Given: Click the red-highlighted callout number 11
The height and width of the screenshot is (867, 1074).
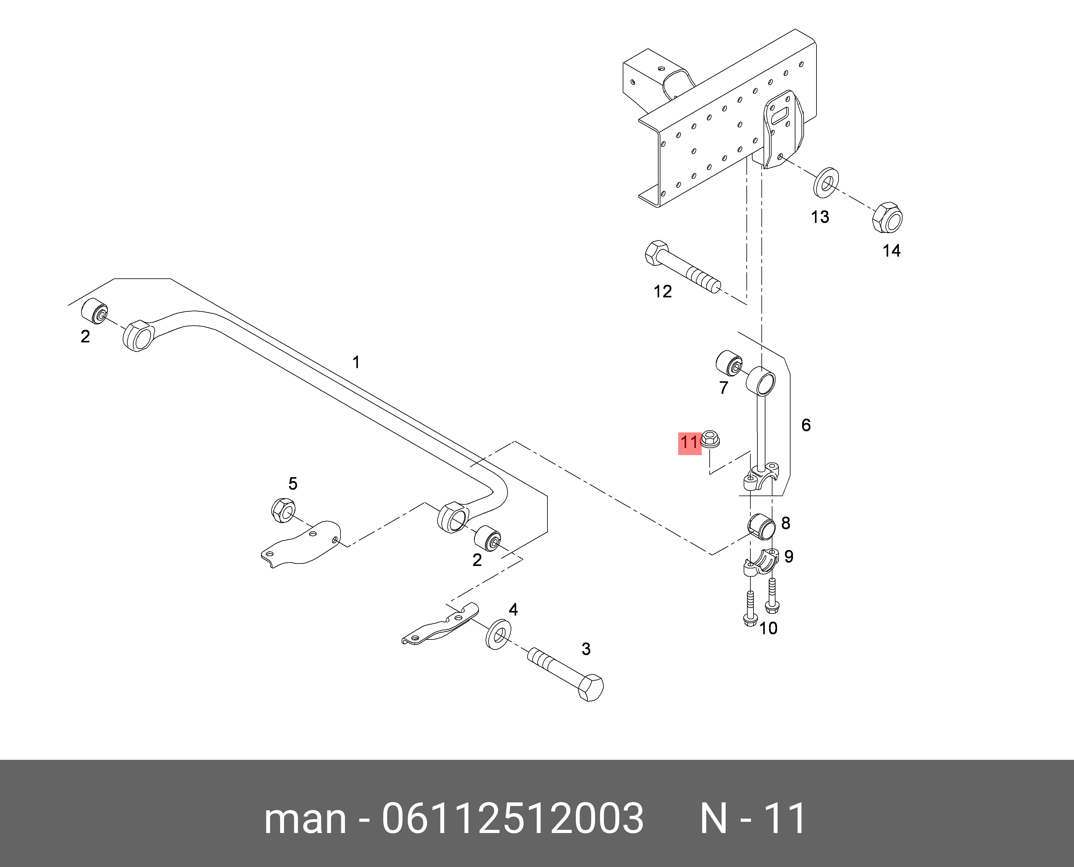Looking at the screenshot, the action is [689, 443].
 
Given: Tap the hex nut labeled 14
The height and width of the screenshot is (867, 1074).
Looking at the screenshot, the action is [887, 218].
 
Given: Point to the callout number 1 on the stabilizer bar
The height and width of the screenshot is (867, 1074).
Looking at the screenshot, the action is [356, 362].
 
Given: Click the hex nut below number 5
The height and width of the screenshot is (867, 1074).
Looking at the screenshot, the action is [283, 510].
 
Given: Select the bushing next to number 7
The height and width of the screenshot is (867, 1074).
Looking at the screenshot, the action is [730, 364].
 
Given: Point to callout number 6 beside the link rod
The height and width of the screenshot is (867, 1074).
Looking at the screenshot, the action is [805, 425].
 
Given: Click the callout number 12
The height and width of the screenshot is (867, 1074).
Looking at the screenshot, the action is [663, 292].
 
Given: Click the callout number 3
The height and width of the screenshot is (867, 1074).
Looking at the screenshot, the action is [586, 649].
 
